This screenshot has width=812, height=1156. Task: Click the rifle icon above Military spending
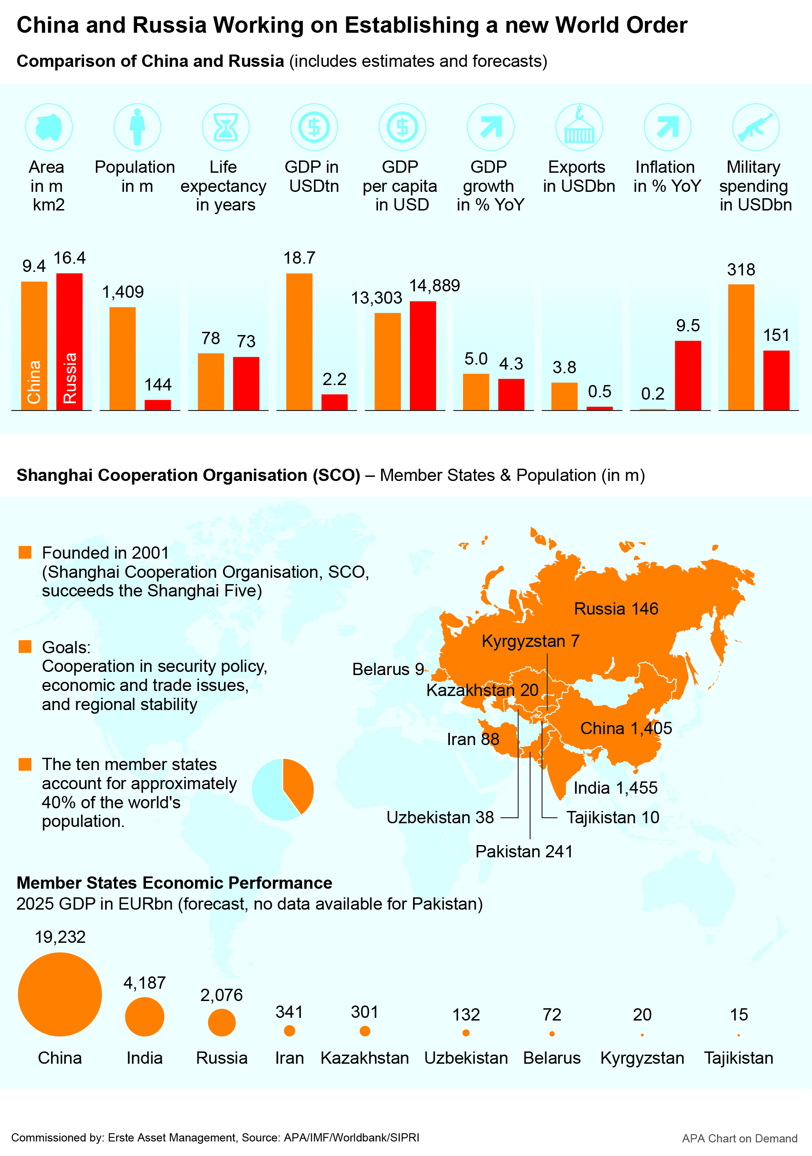click(x=755, y=127)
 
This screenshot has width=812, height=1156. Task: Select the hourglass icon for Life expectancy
click(x=225, y=127)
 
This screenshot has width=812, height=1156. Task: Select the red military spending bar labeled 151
click(x=776, y=380)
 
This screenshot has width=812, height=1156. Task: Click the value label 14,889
click(x=434, y=285)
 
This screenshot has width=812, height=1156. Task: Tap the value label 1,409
click(x=123, y=291)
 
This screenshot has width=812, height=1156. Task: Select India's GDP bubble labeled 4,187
click(x=144, y=1016)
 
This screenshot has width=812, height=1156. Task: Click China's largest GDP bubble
click(x=60, y=994)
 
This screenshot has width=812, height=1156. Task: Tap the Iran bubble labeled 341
click(x=289, y=1031)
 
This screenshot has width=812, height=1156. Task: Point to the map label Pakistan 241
click(x=524, y=851)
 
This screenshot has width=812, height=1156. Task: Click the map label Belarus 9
click(x=388, y=669)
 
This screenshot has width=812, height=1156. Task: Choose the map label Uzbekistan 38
click(x=440, y=817)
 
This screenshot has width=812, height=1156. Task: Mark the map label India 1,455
click(x=615, y=788)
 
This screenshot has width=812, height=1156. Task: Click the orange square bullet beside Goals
click(x=25, y=646)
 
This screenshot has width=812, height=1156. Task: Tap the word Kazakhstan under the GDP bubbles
click(x=364, y=1058)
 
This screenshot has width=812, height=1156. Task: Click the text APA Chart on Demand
click(x=739, y=1138)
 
